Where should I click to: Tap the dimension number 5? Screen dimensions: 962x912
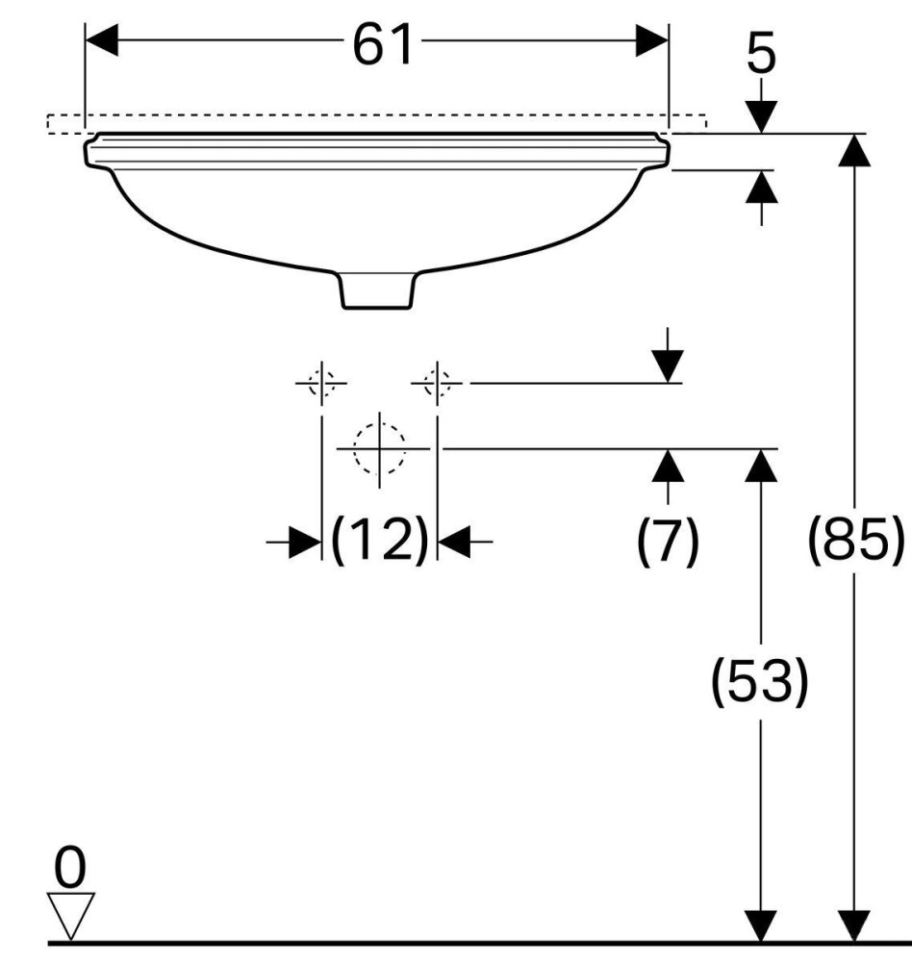(760, 56)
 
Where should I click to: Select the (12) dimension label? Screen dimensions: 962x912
(379, 542)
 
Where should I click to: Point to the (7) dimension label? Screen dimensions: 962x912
(669, 542)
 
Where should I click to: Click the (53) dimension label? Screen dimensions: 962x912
(759, 681)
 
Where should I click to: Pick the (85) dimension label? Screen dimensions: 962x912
(855, 542)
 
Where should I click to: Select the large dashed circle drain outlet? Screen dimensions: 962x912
(379, 448)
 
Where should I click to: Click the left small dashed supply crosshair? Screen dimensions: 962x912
(320, 383)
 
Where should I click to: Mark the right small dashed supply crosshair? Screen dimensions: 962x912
(437, 383)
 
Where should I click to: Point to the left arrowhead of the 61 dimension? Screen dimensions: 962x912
(101, 40)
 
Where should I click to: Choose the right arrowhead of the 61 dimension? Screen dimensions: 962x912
(652, 40)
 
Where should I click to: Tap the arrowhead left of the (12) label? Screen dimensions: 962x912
(306, 543)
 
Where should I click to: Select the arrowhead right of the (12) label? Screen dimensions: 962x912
(453, 543)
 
